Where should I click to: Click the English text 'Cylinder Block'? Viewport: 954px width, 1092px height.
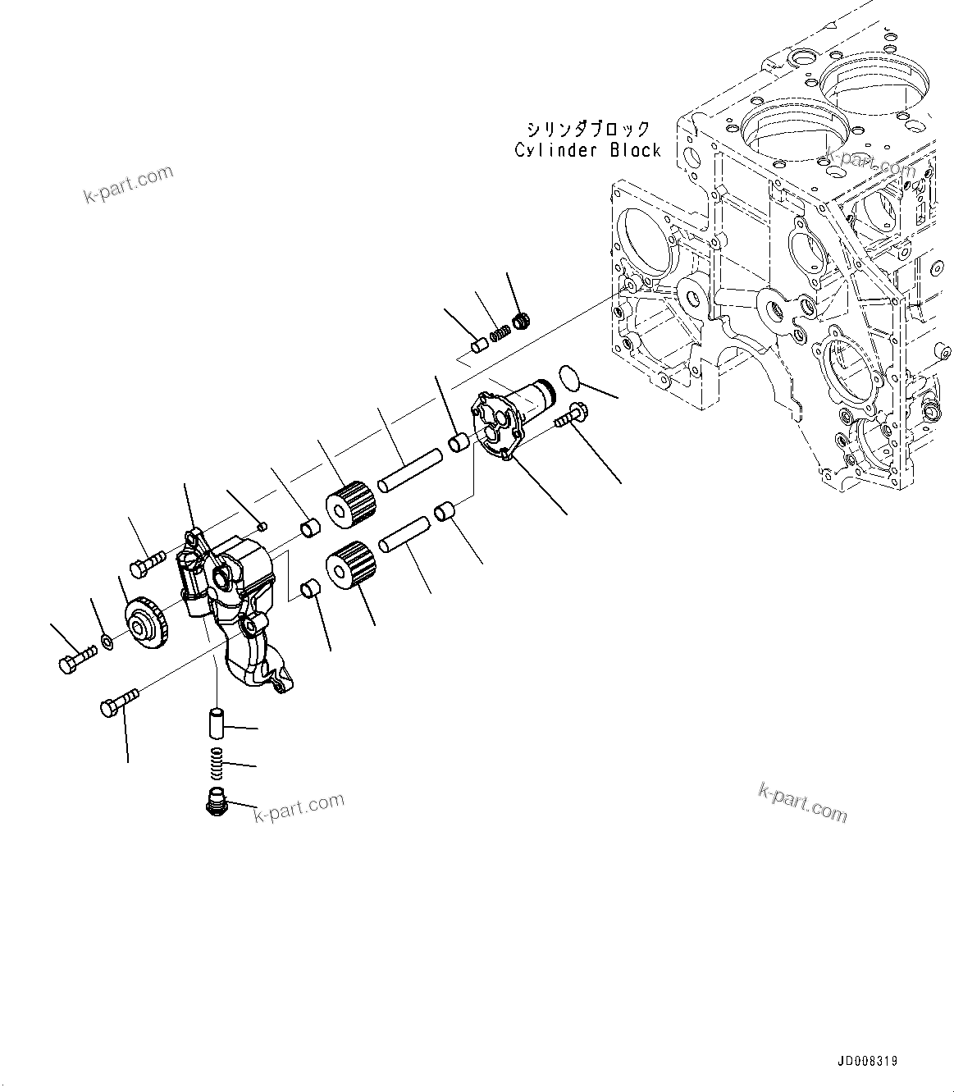pyautogui.click(x=587, y=150)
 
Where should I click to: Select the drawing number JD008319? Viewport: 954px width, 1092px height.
pyautogui.click(x=867, y=1061)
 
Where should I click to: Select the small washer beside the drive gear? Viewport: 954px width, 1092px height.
pyautogui.click(x=107, y=640)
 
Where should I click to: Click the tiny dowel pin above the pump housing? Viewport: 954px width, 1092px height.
pyautogui.click(x=261, y=526)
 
